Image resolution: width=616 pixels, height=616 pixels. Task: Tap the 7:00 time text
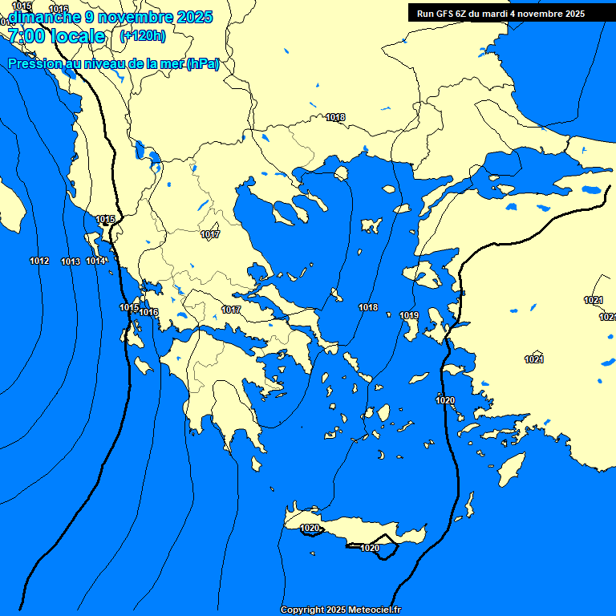(25, 36)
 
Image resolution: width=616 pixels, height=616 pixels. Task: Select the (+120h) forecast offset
(143, 35)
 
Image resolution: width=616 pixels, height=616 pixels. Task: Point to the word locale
(78, 36)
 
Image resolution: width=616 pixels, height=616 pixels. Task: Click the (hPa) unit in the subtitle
(202, 64)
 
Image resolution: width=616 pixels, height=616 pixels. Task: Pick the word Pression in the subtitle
(34, 64)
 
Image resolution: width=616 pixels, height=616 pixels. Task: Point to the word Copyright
(302, 610)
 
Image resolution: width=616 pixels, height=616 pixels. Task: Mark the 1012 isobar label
(39, 261)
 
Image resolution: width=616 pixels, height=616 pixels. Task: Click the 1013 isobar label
(71, 262)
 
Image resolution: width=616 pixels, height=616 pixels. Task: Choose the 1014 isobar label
(95, 261)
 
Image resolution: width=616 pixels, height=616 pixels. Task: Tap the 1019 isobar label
(409, 315)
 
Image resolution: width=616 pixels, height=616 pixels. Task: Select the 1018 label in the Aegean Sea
(368, 307)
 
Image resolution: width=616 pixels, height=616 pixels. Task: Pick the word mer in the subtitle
(172, 64)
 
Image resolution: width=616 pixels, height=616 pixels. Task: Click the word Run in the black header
(425, 14)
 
